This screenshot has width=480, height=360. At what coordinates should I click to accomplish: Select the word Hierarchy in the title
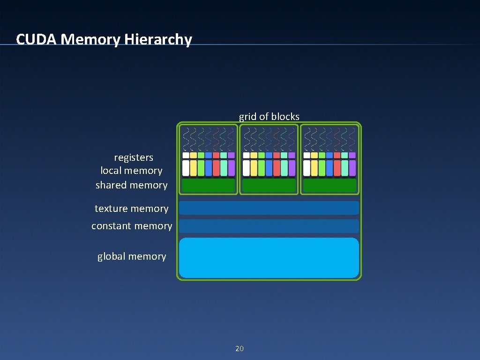tap(158, 39)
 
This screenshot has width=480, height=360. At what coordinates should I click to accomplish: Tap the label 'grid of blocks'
tap(269, 117)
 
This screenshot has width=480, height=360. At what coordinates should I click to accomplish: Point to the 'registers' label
tap(134, 157)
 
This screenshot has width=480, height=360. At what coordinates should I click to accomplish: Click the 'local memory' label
tap(131, 171)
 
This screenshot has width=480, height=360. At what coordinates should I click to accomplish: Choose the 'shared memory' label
tap(131, 185)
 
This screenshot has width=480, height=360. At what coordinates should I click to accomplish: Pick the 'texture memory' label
tap(131, 209)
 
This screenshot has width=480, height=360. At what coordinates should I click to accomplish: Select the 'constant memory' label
tap(132, 226)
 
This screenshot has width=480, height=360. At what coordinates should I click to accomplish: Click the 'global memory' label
tap(132, 256)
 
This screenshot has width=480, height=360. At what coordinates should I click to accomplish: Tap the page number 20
tap(240, 349)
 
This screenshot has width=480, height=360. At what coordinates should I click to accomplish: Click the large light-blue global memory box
tap(269, 258)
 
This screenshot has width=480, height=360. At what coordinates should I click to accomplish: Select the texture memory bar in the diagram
tap(269, 208)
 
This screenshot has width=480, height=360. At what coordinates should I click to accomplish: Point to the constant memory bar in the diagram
tap(269, 226)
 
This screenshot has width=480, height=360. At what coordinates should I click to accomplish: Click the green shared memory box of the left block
tap(208, 185)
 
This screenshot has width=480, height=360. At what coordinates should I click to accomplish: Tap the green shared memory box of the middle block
tap(269, 185)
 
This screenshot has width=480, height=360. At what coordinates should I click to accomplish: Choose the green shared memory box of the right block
tap(330, 185)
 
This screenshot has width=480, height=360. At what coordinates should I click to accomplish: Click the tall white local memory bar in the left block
tap(186, 168)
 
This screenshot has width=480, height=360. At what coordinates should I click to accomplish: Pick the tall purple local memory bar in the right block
tap(352, 168)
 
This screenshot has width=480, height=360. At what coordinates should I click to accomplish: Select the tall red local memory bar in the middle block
tap(277, 168)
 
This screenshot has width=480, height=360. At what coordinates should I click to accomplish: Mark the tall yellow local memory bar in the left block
tap(193, 168)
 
